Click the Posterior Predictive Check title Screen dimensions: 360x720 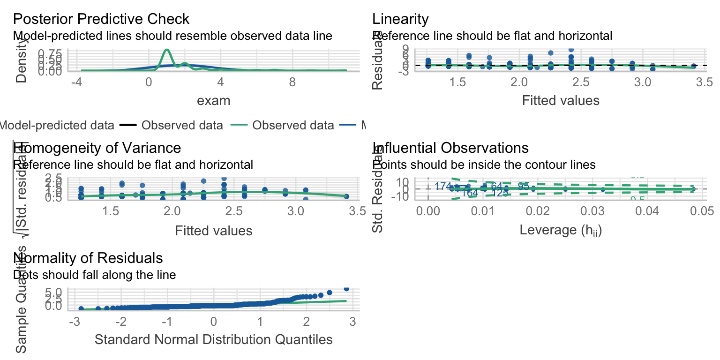(101, 19)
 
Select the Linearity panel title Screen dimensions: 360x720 (400, 19)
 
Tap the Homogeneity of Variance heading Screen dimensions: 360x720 (97, 148)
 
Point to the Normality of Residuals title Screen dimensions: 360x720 (89, 258)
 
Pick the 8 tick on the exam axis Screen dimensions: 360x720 (292, 83)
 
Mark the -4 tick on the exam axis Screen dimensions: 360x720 (76, 83)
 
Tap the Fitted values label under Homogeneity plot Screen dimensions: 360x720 (213, 231)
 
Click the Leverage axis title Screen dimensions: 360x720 (561, 230)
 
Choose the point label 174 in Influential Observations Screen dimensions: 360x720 (443, 187)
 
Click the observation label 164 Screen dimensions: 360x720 (470, 193)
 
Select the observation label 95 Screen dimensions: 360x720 (524, 187)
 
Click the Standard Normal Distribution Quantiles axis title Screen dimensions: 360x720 (213, 340)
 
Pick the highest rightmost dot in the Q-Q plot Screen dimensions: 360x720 (346, 289)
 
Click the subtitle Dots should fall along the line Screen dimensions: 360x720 (95, 275)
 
